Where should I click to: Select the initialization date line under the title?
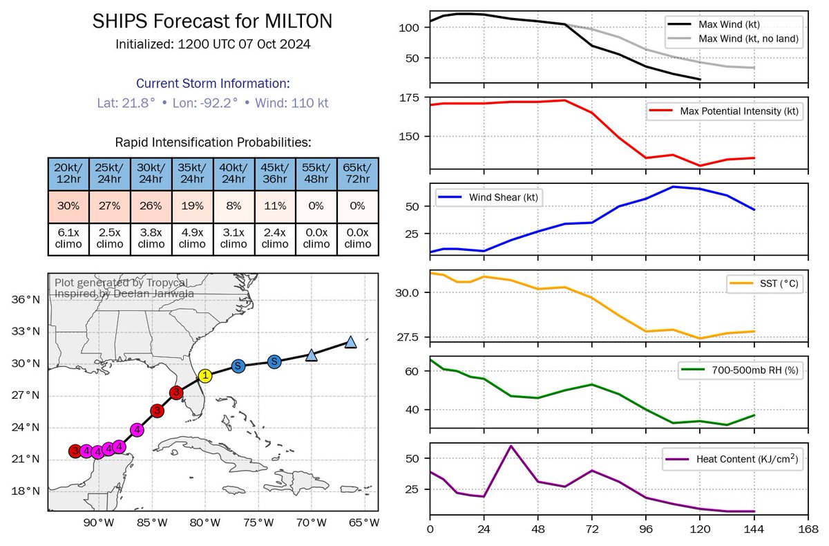pos(213,44)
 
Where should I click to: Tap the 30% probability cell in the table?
pos(68,206)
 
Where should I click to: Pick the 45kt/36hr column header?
pos(274,173)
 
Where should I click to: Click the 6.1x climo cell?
pos(68,238)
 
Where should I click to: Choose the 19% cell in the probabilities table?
pos(192,206)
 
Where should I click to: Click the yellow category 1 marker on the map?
pos(204,375)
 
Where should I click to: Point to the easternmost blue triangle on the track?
pos(350,343)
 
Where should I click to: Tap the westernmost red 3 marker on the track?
pos(75,451)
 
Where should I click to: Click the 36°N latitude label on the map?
pos(26,299)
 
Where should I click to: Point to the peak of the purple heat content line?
pos(511,446)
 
